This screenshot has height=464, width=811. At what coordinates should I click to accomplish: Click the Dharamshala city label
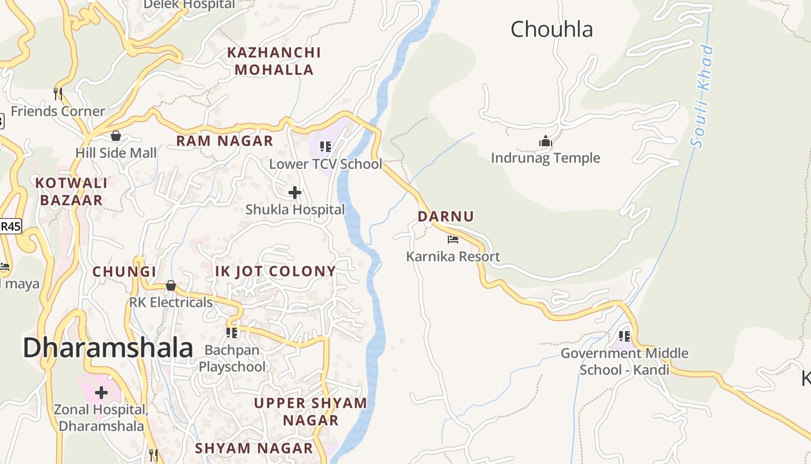point(108,348)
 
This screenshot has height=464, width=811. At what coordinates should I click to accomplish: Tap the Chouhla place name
point(551,29)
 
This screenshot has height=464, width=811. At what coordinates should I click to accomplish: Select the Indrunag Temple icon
point(546,141)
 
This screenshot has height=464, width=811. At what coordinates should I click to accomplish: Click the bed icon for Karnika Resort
point(453,239)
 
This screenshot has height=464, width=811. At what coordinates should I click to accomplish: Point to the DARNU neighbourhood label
point(446,216)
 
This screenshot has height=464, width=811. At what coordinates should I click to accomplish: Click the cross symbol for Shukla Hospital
point(295,192)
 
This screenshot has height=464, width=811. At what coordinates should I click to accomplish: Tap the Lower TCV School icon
point(326,147)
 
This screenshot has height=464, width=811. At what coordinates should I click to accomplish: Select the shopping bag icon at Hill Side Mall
point(116,136)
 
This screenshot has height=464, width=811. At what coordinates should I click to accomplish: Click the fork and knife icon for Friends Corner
point(58,93)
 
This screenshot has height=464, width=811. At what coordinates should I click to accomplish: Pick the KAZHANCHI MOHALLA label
point(273,61)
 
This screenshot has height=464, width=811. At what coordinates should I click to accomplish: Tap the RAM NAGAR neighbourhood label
point(225,141)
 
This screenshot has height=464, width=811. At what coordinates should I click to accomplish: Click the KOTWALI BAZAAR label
point(71,191)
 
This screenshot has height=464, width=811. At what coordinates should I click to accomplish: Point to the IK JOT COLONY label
point(276,271)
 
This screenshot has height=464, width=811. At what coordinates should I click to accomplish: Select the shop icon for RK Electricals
point(171,285)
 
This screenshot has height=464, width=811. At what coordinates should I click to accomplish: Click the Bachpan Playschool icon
point(232,332)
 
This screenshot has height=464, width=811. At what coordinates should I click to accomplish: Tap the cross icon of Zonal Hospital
point(101,393)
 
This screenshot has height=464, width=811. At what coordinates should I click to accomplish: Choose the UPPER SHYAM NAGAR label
point(310,411)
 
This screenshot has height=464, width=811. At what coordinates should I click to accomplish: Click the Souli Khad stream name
point(703,96)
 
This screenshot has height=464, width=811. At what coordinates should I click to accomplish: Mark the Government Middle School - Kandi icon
point(624,336)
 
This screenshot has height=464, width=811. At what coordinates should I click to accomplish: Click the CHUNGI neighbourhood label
point(125,271)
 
